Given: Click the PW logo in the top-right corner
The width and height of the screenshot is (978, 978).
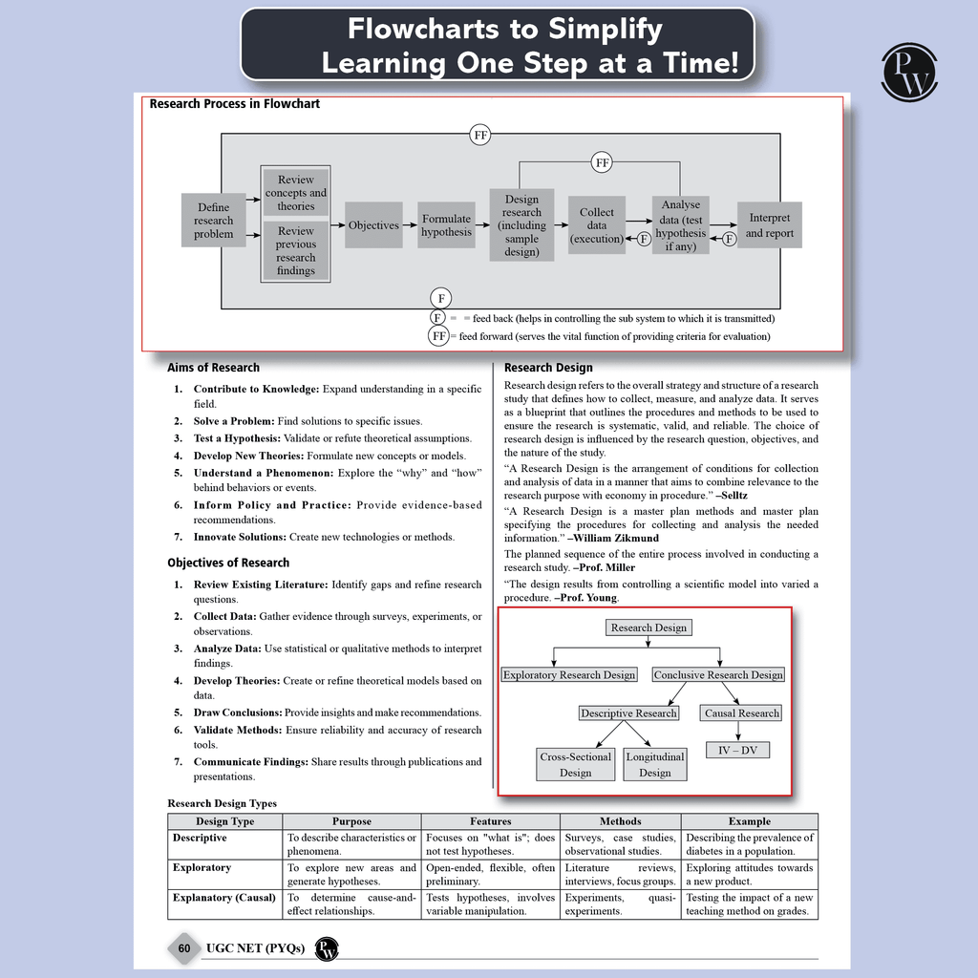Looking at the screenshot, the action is pos(909,73).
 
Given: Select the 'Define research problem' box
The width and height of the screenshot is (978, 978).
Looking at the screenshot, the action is pos(213,221).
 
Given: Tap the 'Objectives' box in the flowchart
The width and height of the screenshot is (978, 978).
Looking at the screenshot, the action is pos(373,225).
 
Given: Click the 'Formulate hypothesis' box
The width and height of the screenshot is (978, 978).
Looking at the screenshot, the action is pos(447,225).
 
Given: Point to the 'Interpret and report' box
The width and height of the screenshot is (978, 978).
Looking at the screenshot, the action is pos(770,225).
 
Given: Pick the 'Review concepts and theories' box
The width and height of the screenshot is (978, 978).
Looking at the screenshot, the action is pos(296,192).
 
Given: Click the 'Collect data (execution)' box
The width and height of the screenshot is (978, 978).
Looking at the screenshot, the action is pos(597,225).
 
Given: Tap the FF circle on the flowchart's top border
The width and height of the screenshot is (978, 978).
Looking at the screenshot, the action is pos(480,135).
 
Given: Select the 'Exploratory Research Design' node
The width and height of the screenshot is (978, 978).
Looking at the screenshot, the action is pos(569,675).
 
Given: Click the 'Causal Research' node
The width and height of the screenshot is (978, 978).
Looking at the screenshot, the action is pos(741,712).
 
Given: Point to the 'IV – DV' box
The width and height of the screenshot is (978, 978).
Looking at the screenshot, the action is pos(738,750).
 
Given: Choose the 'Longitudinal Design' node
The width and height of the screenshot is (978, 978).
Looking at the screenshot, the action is pos(655,765).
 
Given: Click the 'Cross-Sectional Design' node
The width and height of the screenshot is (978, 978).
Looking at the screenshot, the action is pos(575,765).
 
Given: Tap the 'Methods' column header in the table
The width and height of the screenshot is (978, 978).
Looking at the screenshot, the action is pos(621,821).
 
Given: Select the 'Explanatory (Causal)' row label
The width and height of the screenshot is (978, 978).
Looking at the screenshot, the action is pos(223,898).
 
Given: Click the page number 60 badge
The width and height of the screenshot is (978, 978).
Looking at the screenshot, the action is pos(184,948).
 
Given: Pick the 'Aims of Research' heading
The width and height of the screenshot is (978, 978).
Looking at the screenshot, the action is pos(213,368).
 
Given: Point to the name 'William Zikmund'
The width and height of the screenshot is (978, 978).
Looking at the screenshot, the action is pos(616,538).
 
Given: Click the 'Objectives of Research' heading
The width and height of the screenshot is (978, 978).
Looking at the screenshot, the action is pos(228,563).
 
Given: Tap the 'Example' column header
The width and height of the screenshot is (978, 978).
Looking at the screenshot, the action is pos(750,821).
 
